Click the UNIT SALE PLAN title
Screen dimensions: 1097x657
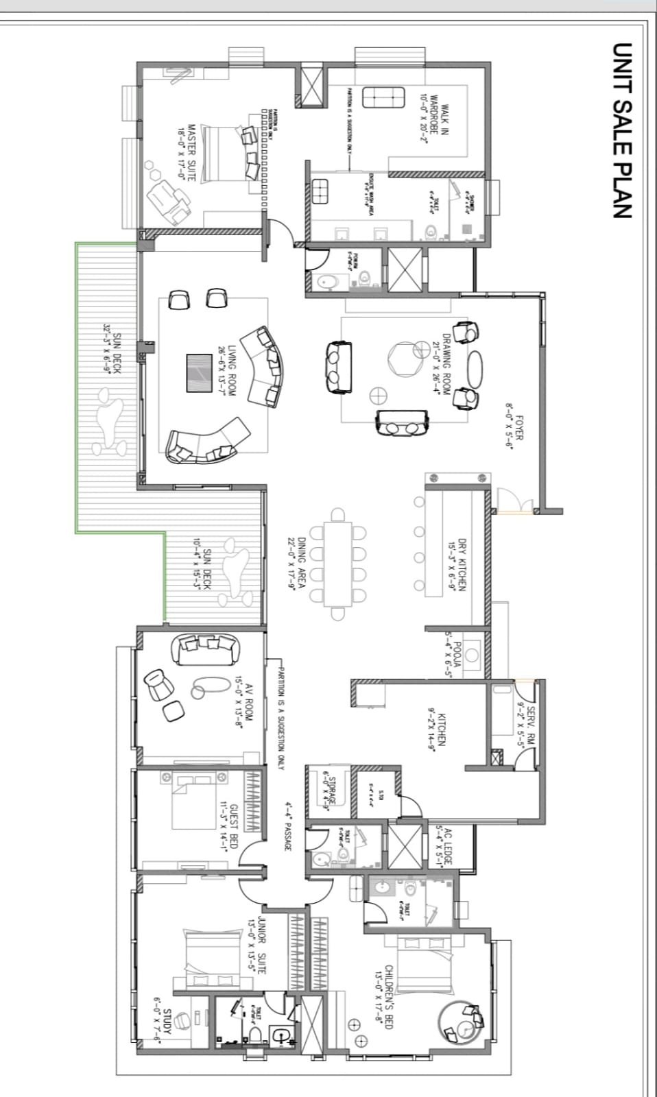click(x=621, y=130)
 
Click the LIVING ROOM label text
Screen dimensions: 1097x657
click(x=227, y=371)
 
